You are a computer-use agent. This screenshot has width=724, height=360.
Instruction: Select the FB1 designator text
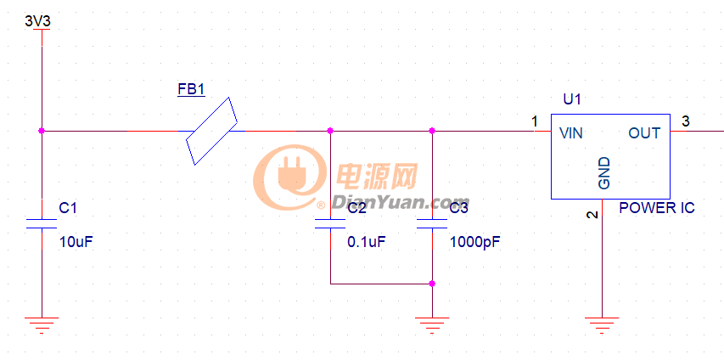191,88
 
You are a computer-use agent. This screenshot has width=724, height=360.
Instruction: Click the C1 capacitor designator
68,208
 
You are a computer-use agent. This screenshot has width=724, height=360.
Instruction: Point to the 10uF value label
76,242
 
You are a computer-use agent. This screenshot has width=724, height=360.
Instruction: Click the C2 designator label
356,208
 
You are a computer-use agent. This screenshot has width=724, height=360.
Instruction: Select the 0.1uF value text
367,242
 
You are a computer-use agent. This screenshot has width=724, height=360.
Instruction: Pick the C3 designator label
458,208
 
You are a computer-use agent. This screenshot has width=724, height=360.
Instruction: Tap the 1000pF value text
474,242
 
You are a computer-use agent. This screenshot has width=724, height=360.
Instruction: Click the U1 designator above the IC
572,100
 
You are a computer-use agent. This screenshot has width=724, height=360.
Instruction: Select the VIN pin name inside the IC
570,133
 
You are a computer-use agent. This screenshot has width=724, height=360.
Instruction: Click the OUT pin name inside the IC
644,133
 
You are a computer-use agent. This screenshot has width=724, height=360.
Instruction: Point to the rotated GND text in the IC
604,172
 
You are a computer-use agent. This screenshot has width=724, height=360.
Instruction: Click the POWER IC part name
657,208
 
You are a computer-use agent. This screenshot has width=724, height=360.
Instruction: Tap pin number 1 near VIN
535,121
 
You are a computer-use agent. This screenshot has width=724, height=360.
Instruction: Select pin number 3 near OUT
685,121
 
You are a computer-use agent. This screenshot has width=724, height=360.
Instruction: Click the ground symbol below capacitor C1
41,323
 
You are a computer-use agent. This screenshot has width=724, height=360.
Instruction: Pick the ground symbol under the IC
601,323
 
